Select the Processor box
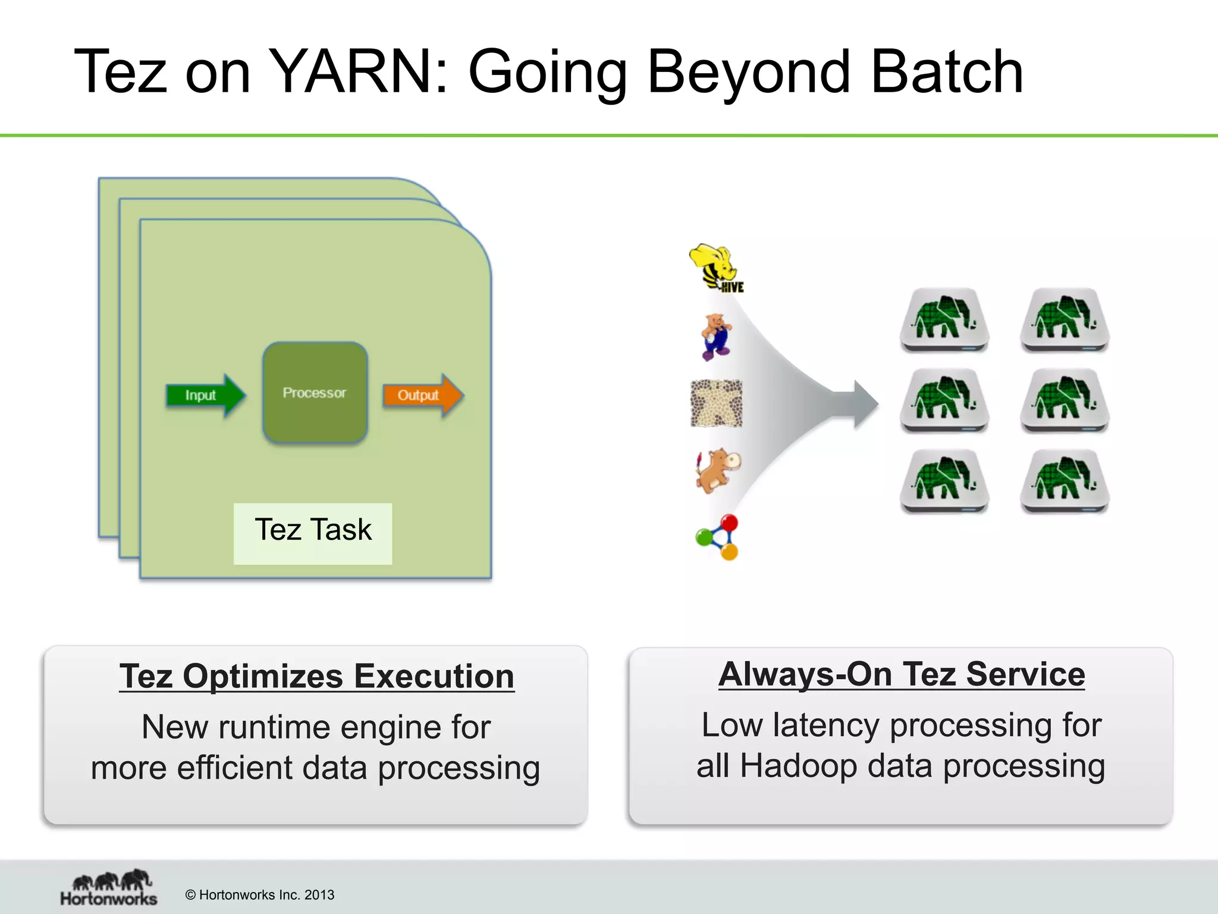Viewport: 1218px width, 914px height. click(315, 393)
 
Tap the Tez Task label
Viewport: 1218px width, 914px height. click(313, 530)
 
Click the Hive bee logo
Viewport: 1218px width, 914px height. click(715, 267)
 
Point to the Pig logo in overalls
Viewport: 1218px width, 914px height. click(715, 337)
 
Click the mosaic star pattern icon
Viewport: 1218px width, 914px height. click(716, 403)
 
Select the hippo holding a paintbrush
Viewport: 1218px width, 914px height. click(718, 470)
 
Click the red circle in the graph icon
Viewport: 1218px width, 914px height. click(729, 523)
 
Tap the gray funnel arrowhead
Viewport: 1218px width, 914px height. click(865, 404)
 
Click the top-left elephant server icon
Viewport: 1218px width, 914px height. click(944, 320)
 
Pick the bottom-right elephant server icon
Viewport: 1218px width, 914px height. click(1065, 481)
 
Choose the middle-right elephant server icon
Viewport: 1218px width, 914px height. click(1065, 400)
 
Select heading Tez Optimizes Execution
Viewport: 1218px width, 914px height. click(316, 677)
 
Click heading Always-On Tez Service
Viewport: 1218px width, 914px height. click(901, 675)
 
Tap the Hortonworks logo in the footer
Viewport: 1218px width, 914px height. click(108, 888)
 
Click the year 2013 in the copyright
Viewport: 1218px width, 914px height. click(319, 895)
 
